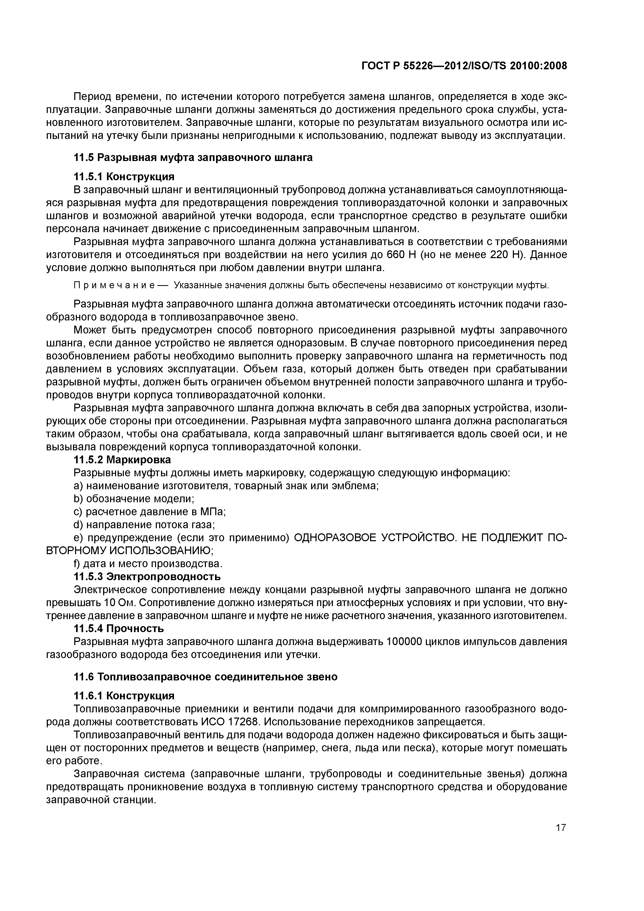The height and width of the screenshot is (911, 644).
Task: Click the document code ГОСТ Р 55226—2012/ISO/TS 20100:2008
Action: pos(464,66)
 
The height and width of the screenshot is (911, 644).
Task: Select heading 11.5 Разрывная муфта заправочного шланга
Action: pos(193,158)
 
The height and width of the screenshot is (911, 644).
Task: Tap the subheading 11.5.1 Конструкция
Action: pos(124,176)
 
